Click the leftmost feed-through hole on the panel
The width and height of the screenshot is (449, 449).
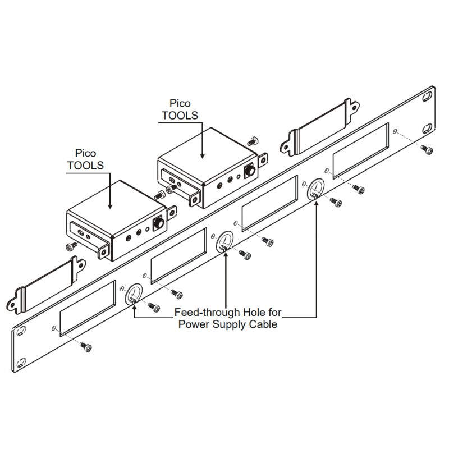134,294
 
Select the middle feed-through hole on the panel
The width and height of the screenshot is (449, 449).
224,242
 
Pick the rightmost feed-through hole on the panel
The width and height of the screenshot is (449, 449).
316,189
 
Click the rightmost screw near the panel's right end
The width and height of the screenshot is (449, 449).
427,150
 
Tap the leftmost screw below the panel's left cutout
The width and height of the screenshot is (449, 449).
86,347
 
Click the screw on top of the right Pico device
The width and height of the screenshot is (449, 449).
253,141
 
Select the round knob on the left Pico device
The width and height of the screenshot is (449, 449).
159,223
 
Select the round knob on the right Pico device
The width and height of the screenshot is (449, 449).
250,171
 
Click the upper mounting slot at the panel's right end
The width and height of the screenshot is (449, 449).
428,97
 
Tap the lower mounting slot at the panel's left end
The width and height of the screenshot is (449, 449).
21,363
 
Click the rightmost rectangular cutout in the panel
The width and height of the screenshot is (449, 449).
360,150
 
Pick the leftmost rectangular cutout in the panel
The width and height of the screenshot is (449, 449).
88,308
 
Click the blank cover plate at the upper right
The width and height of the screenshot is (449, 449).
319,127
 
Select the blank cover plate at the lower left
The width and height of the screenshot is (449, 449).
46,285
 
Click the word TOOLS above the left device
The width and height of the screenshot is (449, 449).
85,165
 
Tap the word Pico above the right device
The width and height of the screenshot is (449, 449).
180,103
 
